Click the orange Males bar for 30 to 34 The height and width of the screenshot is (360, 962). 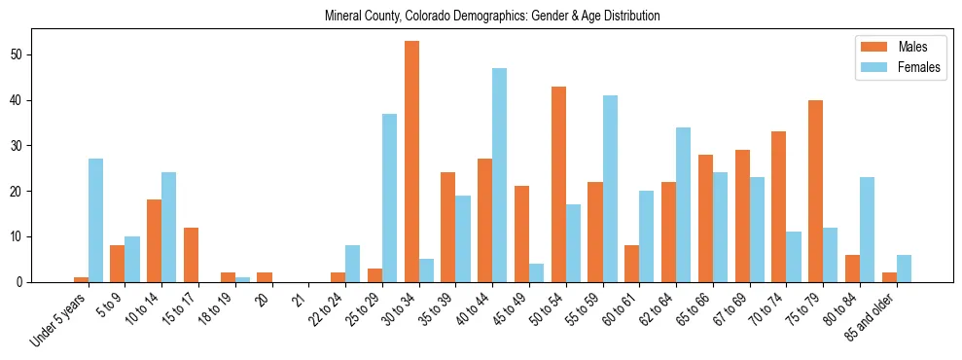[x=412, y=162]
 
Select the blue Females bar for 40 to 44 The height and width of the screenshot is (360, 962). [x=499, y=175]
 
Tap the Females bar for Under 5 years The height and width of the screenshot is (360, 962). [x=95, y=220]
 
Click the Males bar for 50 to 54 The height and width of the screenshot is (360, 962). [x=558, y=184]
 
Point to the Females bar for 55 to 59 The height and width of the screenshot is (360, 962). [x=610, y=189]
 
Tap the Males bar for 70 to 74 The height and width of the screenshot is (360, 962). [x=779, y=206]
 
